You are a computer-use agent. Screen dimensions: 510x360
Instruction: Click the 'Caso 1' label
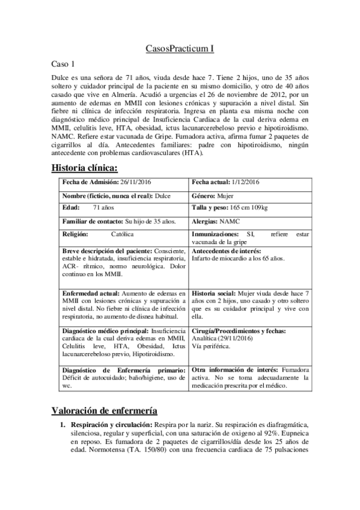[x=62, y=64]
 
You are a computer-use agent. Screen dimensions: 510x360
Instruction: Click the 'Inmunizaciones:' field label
[x=217, y=234]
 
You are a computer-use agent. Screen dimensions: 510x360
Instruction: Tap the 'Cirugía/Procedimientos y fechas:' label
[x=239, y=331]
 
